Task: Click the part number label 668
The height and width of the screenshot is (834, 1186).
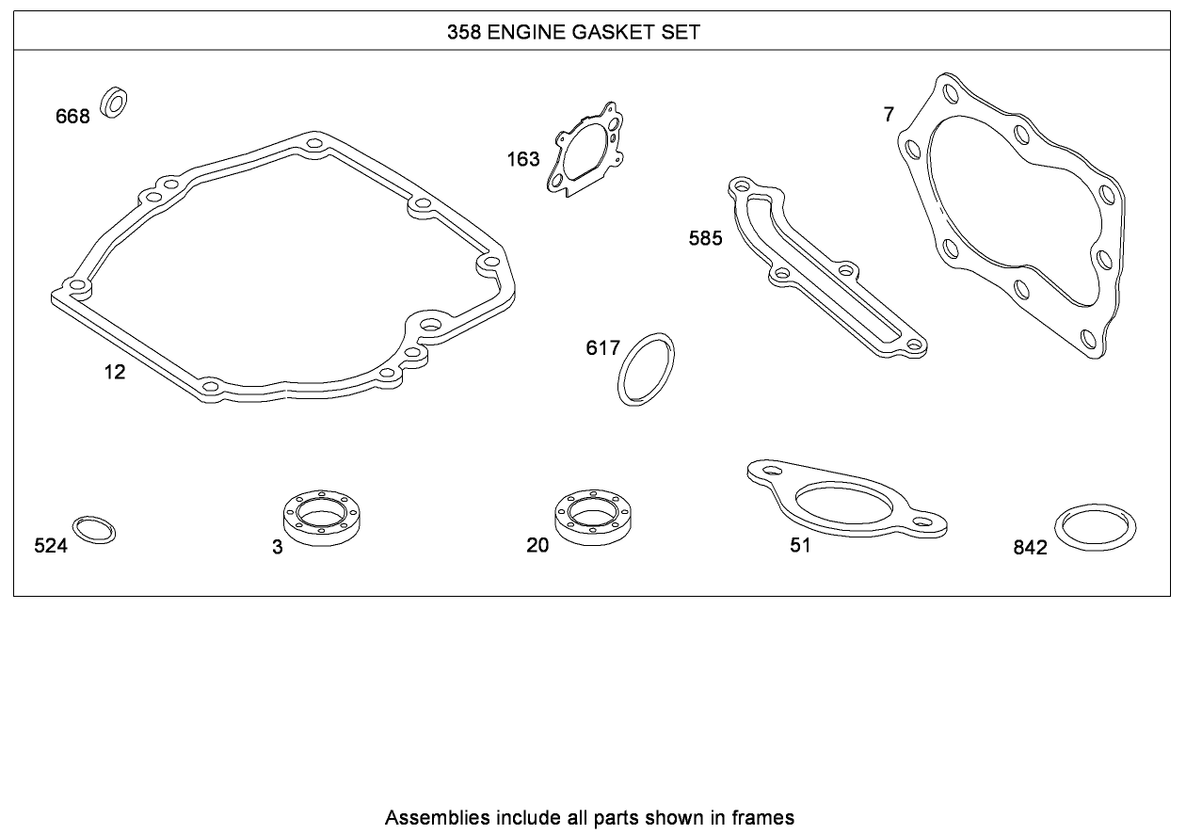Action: [x=72, y=116]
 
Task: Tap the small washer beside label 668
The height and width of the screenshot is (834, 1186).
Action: [x=114, y=102]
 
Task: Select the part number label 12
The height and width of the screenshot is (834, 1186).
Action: [x=115, y=372]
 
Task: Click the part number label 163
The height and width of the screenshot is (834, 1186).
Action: [x=523, y=159]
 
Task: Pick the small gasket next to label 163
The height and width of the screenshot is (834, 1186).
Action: [x=585, y=150]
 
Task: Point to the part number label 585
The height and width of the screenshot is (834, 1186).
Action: [x=705, y=238]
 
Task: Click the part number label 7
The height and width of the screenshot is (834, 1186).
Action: [x=889, y=115]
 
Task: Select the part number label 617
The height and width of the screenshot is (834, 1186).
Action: [x=602, y=348]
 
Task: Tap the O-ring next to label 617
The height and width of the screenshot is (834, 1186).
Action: [x=646, y=369]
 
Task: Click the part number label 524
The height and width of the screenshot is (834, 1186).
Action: [x=51, y=545]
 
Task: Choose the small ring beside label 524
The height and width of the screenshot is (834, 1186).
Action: [x=94, y=530]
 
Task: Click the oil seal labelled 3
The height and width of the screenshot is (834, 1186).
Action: [x=322, y=518]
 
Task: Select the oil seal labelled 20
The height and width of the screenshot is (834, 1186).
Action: [x=593, y=517]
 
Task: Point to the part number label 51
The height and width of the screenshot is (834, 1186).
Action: [x=800, y=545]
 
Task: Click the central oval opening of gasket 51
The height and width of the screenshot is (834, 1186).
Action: [x=844, y=503]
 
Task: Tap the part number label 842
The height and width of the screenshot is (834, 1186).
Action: [x=1030, y=548]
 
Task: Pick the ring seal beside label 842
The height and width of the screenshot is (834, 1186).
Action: [x=1096, y=527]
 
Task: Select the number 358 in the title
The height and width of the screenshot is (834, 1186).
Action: [x=464, y=32]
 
